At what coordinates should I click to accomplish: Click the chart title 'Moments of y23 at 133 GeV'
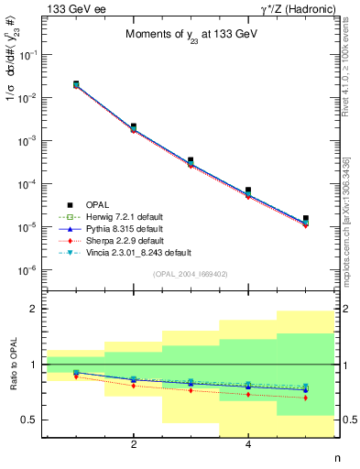click(190, 36)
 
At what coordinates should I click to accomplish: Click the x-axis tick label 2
click(134, 445)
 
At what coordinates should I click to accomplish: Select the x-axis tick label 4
click(249, 445)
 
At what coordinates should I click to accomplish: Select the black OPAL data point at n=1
click(76, 84)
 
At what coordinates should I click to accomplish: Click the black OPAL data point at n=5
click(306, 218)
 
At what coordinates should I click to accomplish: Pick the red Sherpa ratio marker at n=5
click(306, 398)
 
